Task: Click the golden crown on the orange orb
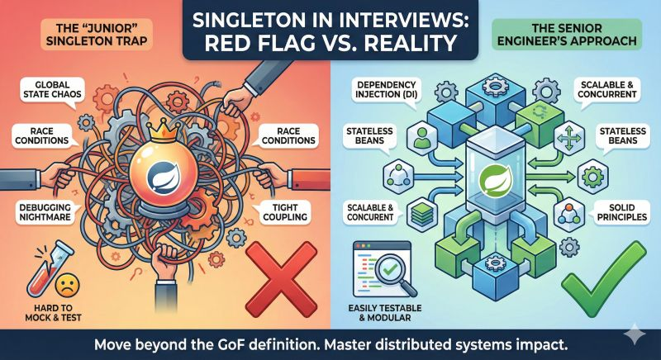(x=161, y=133)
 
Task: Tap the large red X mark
(x=281, y=279)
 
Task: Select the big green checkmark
(x=603, y=279)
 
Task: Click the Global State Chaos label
(x=52, y=89)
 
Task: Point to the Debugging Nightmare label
(x=45, y=212)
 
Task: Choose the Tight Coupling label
(x=285, y=212)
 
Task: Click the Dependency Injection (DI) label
(x=386, y=90)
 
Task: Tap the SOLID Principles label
(x=622, y=212)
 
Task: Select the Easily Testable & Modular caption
(x=385, y=312)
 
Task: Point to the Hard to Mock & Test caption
(x=53, y=312)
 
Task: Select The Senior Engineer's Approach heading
(x=566, y=35)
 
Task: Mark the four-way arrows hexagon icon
(x=569, y=138)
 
